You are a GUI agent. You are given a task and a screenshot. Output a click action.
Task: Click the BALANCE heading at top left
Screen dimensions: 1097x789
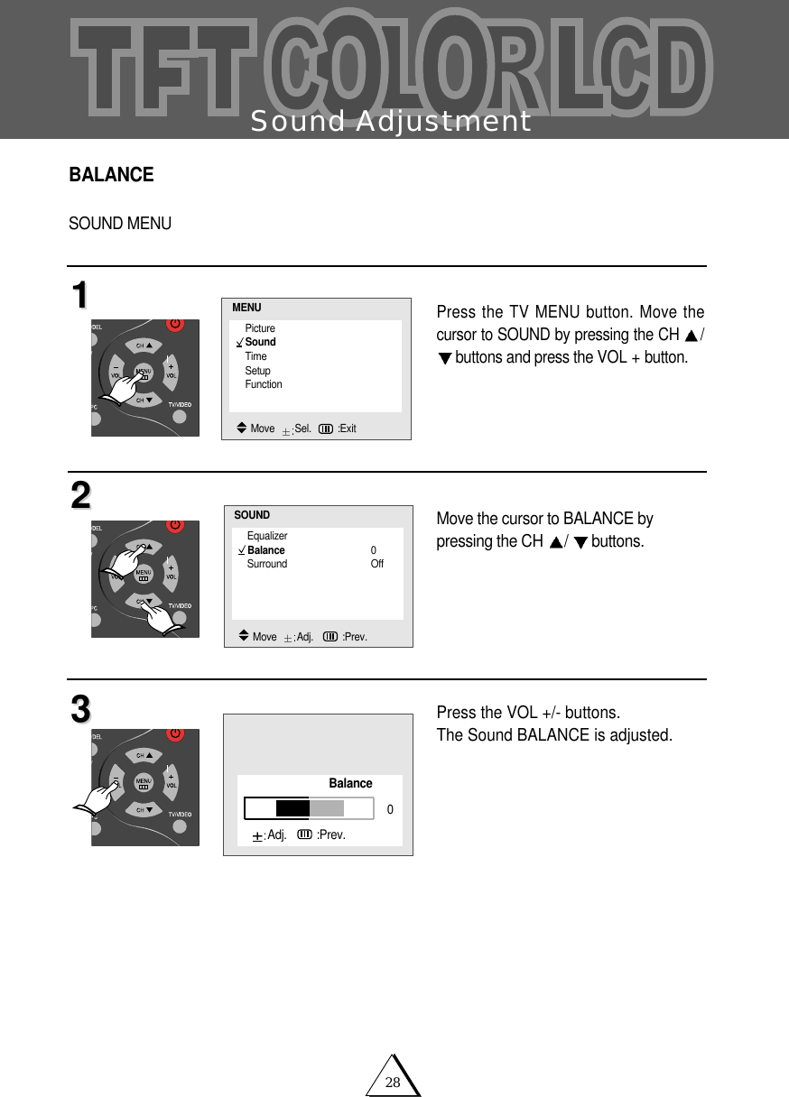tap(111, 175)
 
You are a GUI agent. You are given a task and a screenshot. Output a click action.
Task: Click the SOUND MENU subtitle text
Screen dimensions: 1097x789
tap(120, 223)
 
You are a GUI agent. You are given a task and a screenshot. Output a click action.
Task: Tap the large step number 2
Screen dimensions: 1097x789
tap(80, 496)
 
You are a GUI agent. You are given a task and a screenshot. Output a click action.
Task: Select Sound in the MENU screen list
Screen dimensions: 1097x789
tap(260, 342)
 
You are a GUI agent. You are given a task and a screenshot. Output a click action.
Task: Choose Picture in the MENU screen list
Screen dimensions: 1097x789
tap(260, 328)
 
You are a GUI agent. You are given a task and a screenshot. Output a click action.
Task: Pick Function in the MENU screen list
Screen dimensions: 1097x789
tap(264, 384)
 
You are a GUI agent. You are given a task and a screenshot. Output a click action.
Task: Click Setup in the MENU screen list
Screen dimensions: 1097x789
tap(257, 371)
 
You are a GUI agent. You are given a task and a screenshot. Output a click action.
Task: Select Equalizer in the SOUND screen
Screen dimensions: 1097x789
tap(267, 536)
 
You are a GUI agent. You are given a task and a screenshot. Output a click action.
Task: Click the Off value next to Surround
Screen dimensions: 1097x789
tap(376, 564)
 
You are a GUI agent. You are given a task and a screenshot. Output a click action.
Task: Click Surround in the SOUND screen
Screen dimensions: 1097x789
tap(267, 564)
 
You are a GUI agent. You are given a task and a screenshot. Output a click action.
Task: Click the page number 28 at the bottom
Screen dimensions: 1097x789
tap(393, 1082)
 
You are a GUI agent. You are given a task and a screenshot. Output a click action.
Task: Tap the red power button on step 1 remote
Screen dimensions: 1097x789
tap(175, 324)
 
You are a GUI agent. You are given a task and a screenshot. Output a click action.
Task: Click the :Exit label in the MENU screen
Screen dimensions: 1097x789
tap(347, 429)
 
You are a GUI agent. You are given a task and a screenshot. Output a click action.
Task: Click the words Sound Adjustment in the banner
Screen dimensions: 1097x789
tap(390, 122)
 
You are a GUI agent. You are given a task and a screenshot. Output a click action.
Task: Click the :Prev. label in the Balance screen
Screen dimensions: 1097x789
tap(330, 834)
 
